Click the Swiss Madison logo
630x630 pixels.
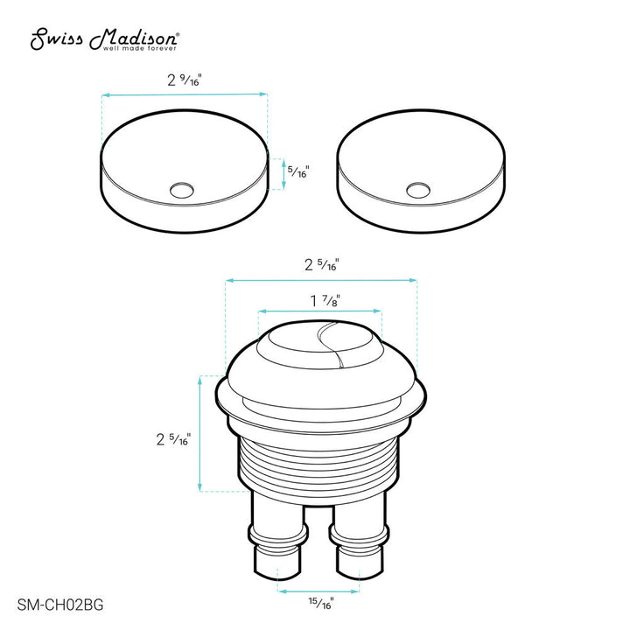click(106, 38)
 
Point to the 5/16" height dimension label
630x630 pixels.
click(300, 171)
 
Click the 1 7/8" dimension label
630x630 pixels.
click(322, 300)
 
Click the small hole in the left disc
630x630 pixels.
click(183, 188)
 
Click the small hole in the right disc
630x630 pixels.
click(419, 188)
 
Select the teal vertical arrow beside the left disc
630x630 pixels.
click(283, 172)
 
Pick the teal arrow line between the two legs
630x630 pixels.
click(320, 591)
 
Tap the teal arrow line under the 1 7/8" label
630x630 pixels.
click(321, 311)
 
